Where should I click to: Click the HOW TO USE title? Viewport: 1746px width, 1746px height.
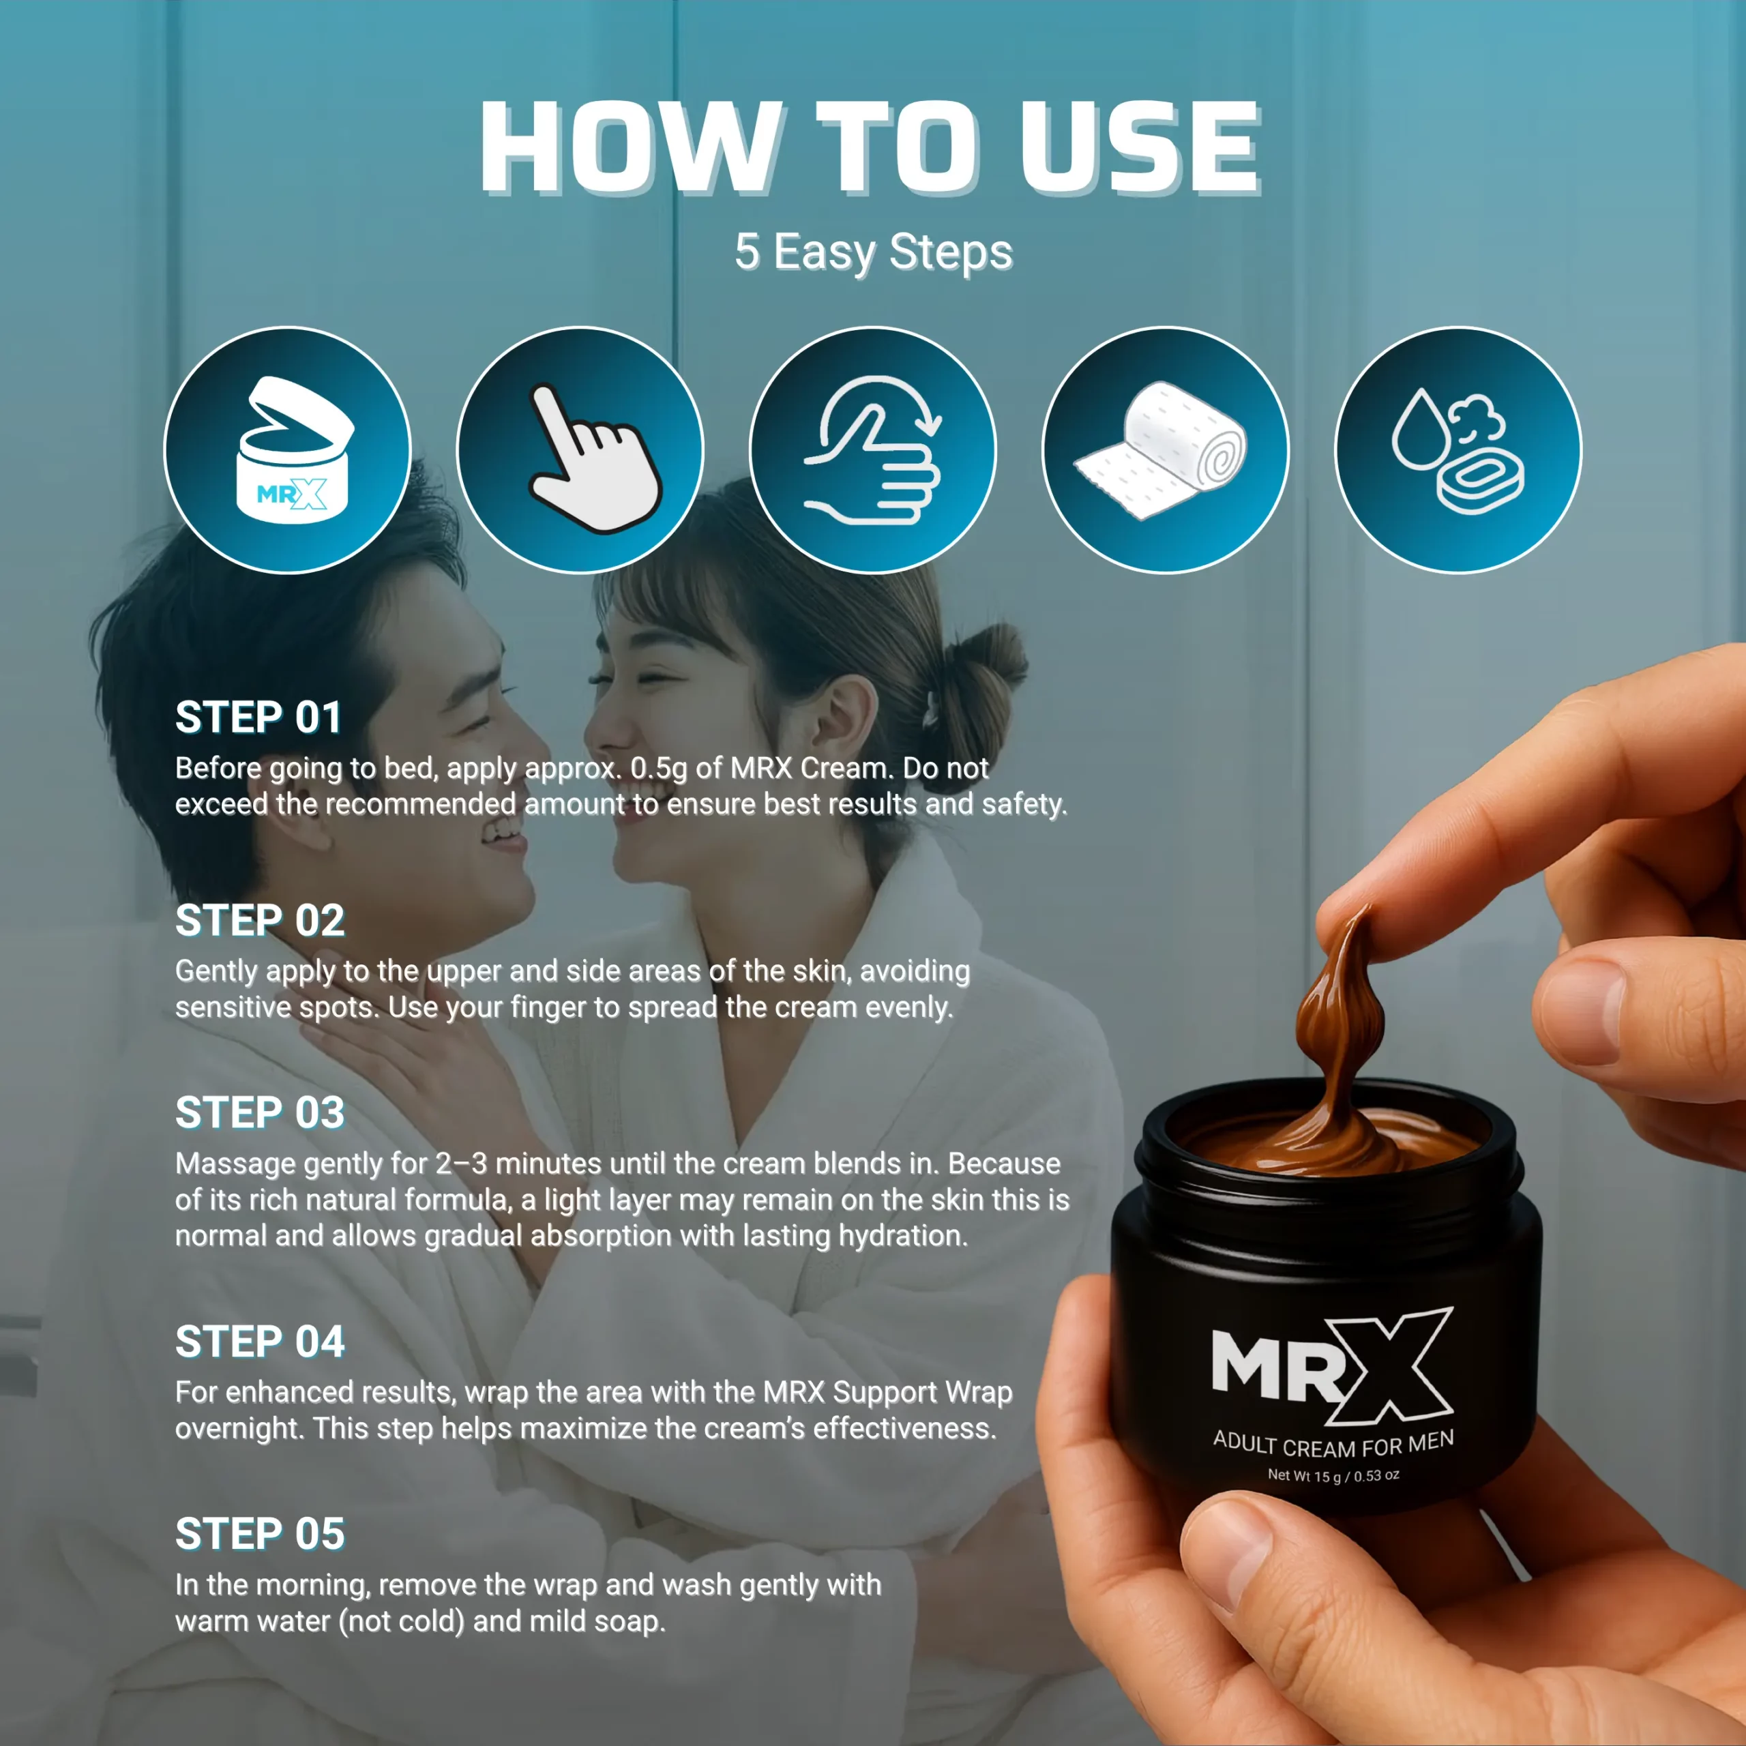pyautogui.click(x=870, y=147)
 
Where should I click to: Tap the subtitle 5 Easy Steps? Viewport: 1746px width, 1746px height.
pyautogui.click(x=873, y=252)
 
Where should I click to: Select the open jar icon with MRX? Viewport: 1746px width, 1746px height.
pyautogui.click(x=287, y=450)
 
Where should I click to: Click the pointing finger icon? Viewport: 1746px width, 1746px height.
pyautogui.click(x=580, y=450)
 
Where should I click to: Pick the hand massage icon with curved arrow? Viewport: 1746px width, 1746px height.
pyautogui.click(x=873, y=450)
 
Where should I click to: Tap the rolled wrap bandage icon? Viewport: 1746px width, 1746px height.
pyautogui.click(x=1166, y=450)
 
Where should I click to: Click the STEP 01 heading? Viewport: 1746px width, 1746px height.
pyautogui.click(x=258, y=717)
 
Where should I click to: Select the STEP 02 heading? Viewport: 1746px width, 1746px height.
pyautogui.click(x=261, y=921)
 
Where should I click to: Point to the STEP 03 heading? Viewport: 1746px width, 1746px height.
pyautogui.click(x=261, y=1112)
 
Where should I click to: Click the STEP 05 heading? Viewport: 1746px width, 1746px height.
pyautogui.click(x=261, y=1534)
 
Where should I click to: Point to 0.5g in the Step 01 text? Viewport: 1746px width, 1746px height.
pyautogui.click(x=659, y=769)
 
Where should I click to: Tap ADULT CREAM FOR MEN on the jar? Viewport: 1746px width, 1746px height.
pyautogui.click(x=1334, y=1443)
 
